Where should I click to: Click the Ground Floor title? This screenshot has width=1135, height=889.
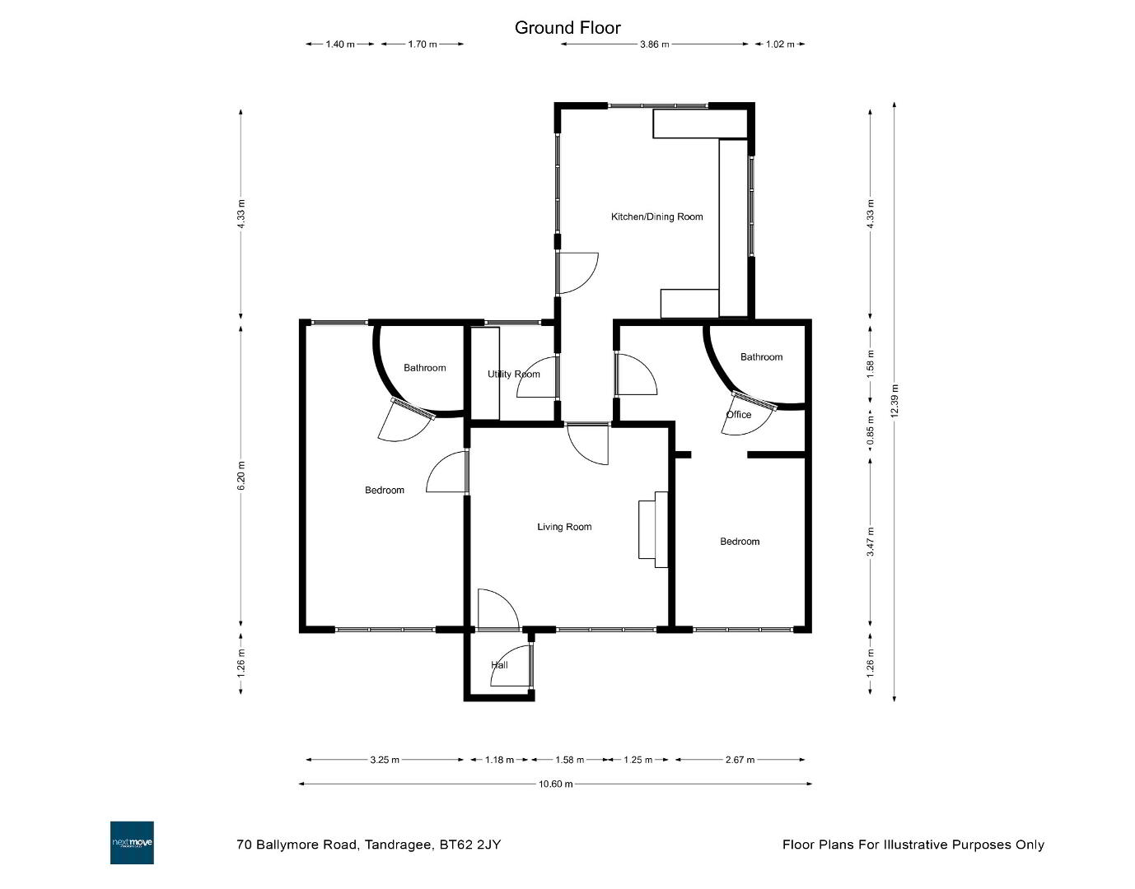tap(567, 28)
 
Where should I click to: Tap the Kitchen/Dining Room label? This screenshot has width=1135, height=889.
tap(656, 216)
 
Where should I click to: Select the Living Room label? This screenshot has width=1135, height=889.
tap(564, 527)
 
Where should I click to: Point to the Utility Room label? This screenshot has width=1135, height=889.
tap(513, 374)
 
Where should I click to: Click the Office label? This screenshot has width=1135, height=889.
tap(739, 415)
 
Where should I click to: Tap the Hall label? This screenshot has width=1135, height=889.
tap(499, 665)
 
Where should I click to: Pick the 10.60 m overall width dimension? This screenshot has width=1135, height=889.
tap(555, 784)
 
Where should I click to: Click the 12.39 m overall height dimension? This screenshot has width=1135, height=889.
tap(894, 400)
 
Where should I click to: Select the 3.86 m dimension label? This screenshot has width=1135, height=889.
tap(655, 44)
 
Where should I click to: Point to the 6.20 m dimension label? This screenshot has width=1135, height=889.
tap(241, 476)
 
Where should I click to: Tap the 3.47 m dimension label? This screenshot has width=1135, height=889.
tap(870, 542)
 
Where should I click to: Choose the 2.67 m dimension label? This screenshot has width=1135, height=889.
tap(740, 760)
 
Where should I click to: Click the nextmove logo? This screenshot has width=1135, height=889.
tap(132, 843)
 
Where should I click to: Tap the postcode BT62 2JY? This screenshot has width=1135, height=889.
tap(470, 845)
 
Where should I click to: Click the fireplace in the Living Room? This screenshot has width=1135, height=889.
tap(653, 529)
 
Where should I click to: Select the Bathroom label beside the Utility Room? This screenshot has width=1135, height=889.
tap(425, 368)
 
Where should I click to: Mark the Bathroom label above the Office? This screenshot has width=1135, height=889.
tap(761, 357)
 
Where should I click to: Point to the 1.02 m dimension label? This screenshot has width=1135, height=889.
tap(780, 44)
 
